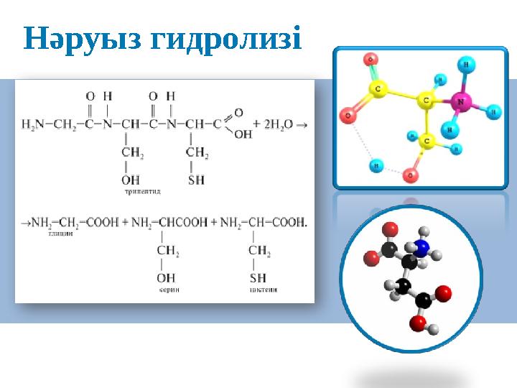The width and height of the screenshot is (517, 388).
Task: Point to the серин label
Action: (x=169, y=290)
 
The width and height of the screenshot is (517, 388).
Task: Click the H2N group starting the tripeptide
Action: (x=32, y=124)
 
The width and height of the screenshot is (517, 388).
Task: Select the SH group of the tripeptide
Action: (x=196, y=180)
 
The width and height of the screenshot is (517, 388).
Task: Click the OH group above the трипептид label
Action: (x=130, y=180)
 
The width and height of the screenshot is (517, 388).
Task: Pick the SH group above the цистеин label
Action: (x=258, y=277)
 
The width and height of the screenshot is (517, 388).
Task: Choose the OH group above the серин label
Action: (x=165, y=277)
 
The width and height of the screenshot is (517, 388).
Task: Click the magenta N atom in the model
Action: (x=460, y=103)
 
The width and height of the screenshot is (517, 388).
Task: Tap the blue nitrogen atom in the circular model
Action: (x=422, y=248)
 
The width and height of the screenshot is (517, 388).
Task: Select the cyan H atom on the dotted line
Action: (x=375, y=166)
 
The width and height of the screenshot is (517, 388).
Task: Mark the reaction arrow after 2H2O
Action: (x=302, y=124)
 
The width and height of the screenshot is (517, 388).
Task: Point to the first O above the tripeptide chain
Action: (x=90, y=96)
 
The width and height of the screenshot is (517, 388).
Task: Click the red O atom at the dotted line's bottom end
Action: (x=411, y=175)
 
